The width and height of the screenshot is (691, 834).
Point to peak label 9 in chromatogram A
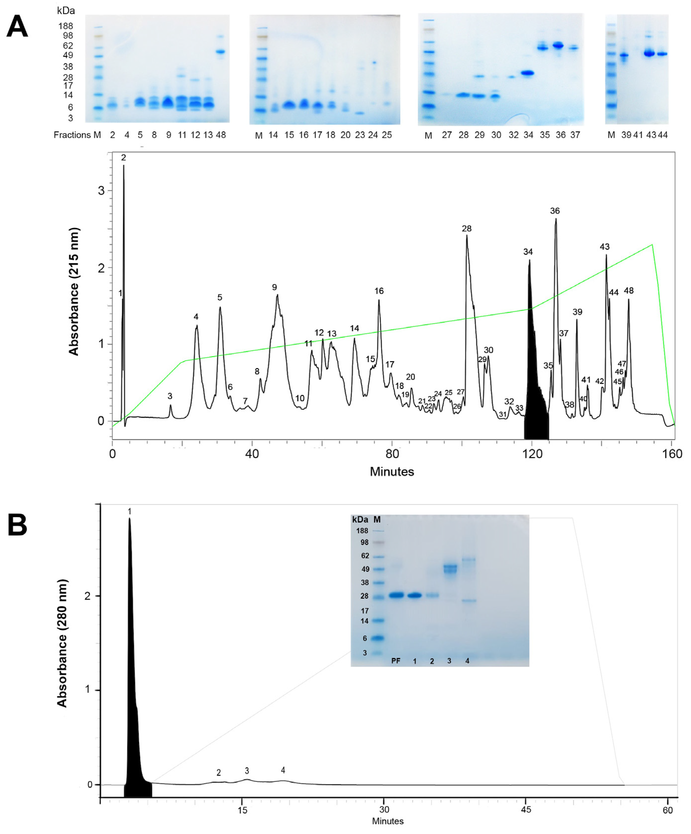click(274, 287)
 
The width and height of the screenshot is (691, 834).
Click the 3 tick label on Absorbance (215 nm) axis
click(101, 191)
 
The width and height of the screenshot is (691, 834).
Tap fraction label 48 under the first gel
click(221, 135)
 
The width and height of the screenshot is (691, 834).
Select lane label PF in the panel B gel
click(395, 661)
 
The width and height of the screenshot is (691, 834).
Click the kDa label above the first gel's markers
click(66, 11)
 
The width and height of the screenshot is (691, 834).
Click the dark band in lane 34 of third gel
click(527, 73)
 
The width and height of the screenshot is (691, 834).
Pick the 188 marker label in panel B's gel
click(362, 531)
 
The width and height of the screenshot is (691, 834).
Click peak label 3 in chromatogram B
click(247, 771)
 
